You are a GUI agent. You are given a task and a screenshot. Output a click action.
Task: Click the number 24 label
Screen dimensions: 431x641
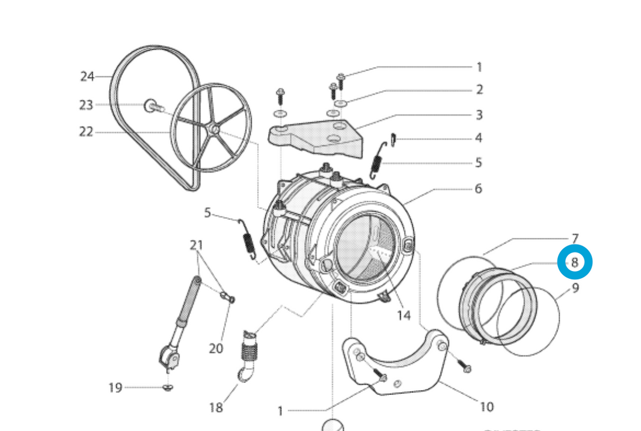[x=87, y=76]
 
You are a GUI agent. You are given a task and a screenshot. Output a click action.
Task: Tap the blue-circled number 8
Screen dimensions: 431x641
[x=575, y=263]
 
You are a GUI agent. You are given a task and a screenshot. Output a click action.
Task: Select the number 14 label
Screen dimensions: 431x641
[x=403, y=315]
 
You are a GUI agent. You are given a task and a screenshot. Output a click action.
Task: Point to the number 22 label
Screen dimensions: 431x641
[x=86, y=132]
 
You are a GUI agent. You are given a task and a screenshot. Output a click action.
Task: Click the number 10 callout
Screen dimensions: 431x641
[x=486, y=407]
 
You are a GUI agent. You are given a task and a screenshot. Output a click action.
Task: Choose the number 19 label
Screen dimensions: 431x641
[x=115, y=388]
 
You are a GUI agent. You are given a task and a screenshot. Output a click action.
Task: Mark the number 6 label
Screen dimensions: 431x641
[x=479, y=189]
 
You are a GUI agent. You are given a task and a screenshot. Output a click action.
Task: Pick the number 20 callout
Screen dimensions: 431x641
[x=216, y=348]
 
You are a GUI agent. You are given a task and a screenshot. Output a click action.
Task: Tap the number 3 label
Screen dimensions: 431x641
[x=479, y=114]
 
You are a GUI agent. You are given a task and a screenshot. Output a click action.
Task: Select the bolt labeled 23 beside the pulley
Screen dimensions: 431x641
[x=153, y=106]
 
